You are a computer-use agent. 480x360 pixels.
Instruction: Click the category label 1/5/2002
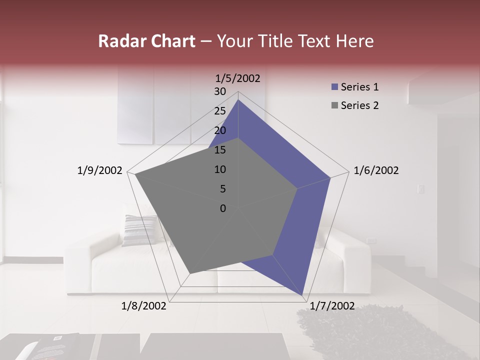point(238,78)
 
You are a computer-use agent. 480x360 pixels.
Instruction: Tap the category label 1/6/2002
point(376,170)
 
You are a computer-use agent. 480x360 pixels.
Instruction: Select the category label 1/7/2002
point(332,306)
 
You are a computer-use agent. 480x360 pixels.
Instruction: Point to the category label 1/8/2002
point(144,306)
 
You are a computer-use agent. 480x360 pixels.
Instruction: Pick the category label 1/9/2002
point(100,170)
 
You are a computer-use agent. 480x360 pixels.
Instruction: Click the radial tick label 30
point(220,91)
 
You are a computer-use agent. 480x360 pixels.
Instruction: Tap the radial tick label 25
point(220,111)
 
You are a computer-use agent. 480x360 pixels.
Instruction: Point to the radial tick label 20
point(220,130)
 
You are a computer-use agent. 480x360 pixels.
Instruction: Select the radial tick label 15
point(220,150)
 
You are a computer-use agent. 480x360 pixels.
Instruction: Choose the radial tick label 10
point(220,169)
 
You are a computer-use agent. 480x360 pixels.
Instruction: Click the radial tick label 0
point(223,208)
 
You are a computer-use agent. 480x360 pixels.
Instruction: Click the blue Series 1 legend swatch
point(334,87)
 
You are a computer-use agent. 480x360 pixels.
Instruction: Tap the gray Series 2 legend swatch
point(334,105)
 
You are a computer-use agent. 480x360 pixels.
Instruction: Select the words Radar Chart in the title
point(146,41)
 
